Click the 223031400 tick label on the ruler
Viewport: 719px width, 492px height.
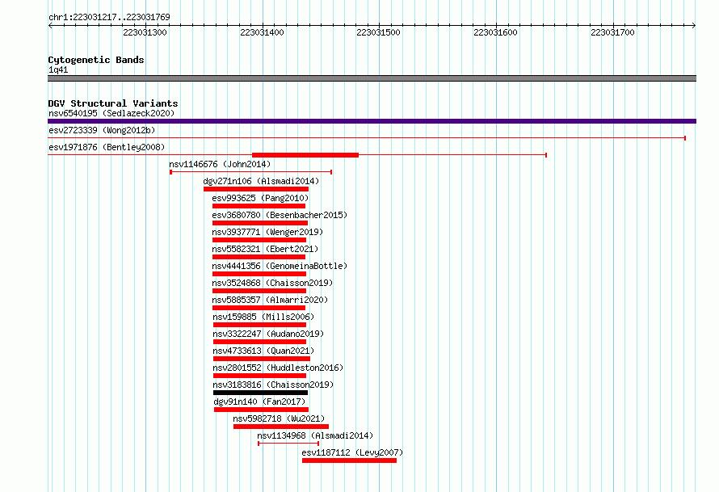coord(262,32)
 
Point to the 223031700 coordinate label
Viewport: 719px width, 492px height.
coord(612,32)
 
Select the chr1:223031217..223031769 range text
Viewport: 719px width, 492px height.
coord(109,17)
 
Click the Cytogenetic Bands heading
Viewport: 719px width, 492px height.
coord(96,60)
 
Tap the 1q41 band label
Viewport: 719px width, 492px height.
coord(58,69)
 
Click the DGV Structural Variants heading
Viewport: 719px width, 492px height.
coord(113,103)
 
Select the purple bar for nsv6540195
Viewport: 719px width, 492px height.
coord(372,121)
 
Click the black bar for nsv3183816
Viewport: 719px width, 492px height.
coord(260,393)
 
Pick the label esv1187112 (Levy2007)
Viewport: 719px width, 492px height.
coord(352,452)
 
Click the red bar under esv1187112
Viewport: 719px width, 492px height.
coord(350,460)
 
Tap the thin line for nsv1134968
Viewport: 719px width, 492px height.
coord(288,444)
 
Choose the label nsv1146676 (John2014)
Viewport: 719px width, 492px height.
coord(220,164)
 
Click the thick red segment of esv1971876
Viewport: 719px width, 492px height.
coord(305,155)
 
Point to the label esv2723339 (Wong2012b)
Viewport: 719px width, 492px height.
coord(102,130)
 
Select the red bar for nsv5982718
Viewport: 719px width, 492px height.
coord(281,427)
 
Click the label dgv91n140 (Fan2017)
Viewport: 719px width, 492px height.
coord(259,402)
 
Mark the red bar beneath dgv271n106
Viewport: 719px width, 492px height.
coord(256,189)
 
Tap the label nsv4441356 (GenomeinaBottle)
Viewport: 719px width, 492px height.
coord(280,266)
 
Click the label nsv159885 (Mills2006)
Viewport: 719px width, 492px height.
coord(263,317)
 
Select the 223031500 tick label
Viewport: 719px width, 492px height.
coord(378,32)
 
